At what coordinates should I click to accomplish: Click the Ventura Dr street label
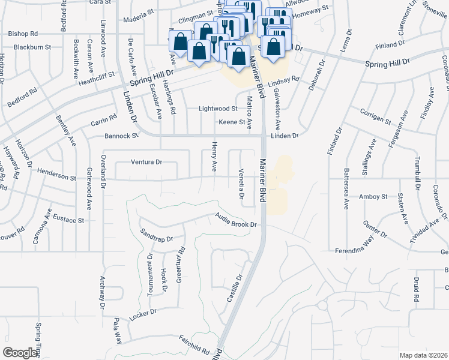pos(147,162)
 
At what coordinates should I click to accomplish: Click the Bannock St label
pos(121,136)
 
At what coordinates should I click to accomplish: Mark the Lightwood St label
pos(218,109)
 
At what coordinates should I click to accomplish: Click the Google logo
pos(20,353)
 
